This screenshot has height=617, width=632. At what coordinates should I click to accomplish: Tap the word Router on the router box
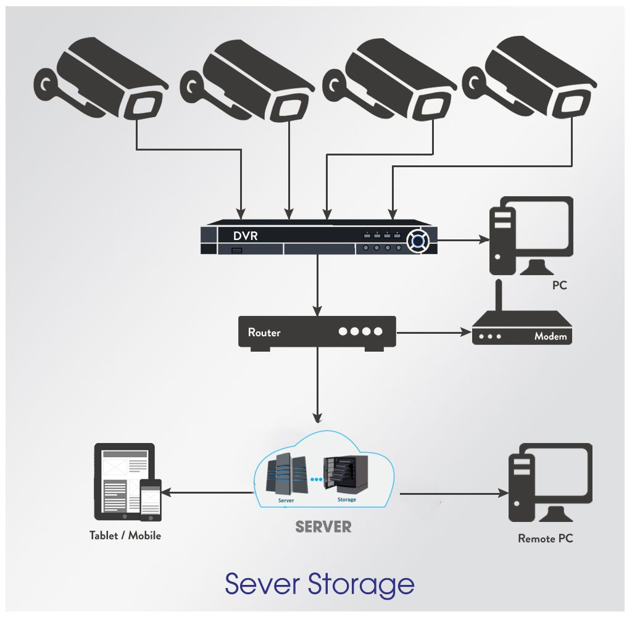[264, 333]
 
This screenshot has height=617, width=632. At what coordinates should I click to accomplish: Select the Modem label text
[551, 337]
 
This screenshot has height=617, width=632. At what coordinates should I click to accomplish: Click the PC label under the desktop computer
[559, 286]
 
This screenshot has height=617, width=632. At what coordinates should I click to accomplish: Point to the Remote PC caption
[545, 539]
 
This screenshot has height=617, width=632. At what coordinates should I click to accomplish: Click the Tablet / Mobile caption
[125, 536]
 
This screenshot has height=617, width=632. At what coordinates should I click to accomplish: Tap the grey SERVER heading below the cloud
[323, 527]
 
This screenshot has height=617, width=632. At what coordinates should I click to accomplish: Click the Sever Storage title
[319, 583]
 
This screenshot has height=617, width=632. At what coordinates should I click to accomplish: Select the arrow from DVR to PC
[463, 236]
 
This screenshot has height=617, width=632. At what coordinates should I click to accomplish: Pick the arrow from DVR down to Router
[317, 284]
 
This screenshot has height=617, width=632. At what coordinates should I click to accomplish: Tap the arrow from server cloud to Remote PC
[454, 494]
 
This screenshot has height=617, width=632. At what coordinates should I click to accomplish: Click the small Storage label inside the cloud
[346, 500]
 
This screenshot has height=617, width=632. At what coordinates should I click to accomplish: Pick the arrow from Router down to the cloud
[317, 386]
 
